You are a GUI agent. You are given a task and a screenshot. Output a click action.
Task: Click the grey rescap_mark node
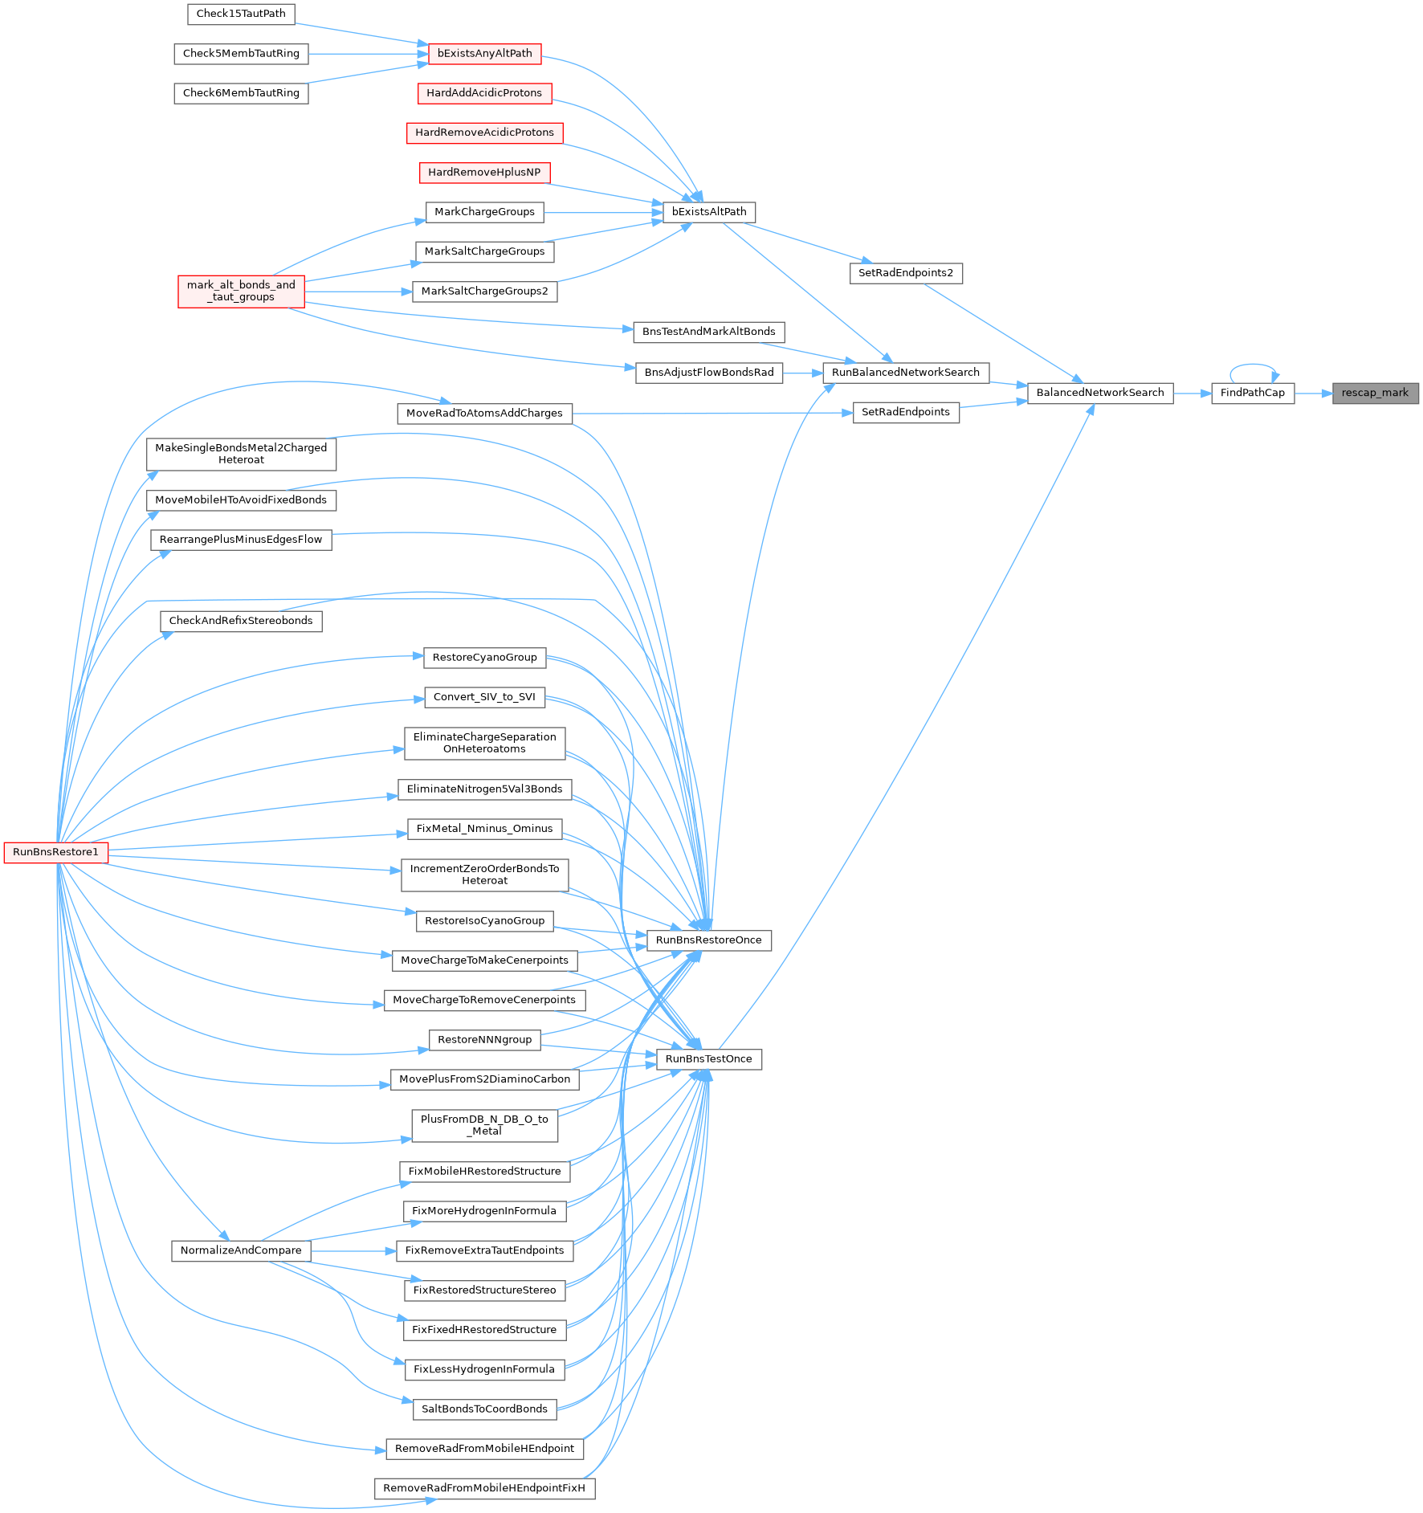1376,394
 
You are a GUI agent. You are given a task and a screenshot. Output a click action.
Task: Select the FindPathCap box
1253,394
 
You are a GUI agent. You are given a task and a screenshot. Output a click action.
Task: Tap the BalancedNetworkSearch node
1100,394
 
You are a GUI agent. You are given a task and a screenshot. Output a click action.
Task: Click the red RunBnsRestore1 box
56,852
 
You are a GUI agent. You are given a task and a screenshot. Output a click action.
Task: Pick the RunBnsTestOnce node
709,1059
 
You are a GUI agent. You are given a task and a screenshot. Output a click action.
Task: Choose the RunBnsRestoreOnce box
709,940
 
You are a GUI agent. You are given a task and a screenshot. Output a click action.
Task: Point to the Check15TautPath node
241,14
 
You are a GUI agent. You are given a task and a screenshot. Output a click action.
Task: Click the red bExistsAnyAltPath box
485,54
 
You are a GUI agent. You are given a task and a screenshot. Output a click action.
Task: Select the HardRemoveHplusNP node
485,173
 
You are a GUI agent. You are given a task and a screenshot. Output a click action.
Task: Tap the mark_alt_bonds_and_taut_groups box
241,292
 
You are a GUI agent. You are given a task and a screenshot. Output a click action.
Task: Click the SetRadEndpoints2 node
906,273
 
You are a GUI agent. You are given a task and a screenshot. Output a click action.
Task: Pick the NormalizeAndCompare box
241,1250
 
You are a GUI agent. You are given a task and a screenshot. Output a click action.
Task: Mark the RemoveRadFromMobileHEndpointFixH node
485,1488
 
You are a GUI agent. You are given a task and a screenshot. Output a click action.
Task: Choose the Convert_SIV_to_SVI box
485,697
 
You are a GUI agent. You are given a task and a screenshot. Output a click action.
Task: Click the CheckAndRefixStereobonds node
241,621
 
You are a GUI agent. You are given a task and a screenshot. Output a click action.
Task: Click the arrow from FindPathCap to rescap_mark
1314,394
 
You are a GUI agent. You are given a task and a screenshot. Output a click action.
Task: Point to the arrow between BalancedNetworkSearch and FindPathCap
1193,394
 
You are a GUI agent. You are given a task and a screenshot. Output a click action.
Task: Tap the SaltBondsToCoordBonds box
485,1409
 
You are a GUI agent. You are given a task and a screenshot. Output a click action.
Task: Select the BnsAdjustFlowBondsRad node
709,373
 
